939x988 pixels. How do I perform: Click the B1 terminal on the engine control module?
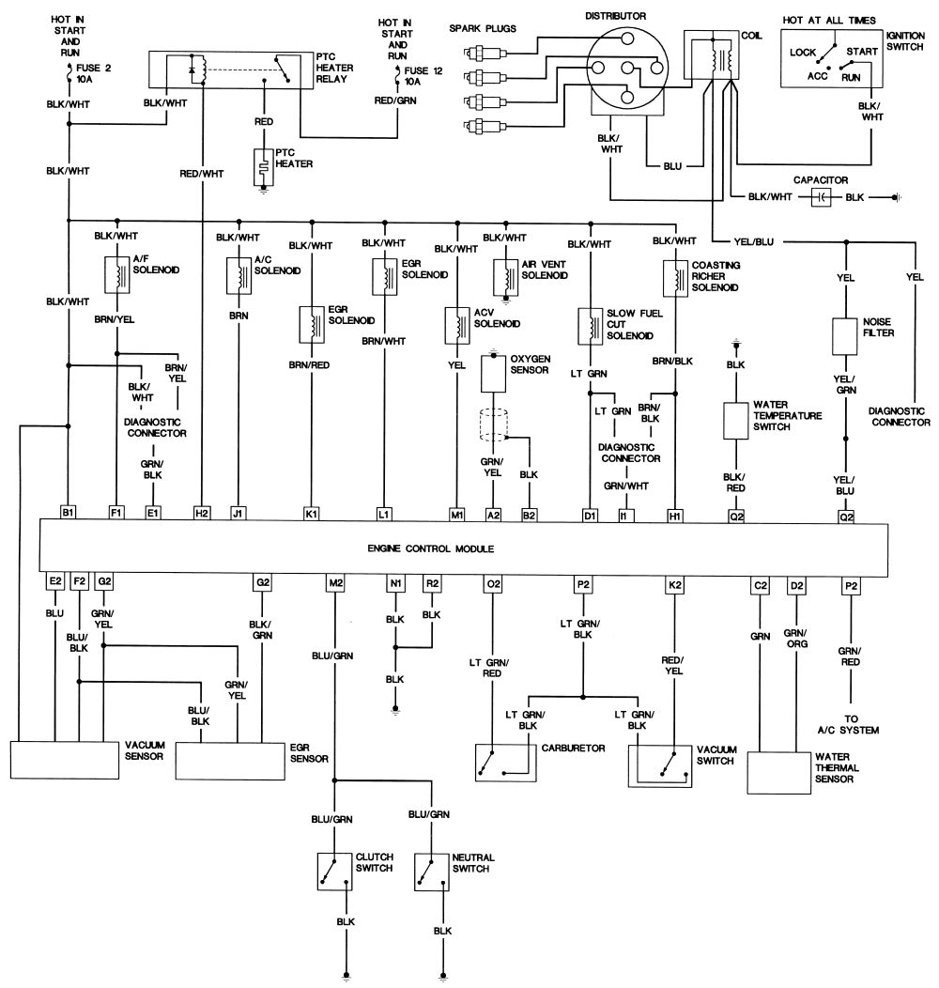click(68, 513)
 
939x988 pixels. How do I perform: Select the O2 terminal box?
click(492, 583)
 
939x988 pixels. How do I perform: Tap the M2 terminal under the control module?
click(335, 583)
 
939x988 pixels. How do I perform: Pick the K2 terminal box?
click(674, 583)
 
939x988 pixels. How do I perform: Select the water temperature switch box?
click(733, 422)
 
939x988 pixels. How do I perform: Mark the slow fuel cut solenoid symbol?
click(590, 326)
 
